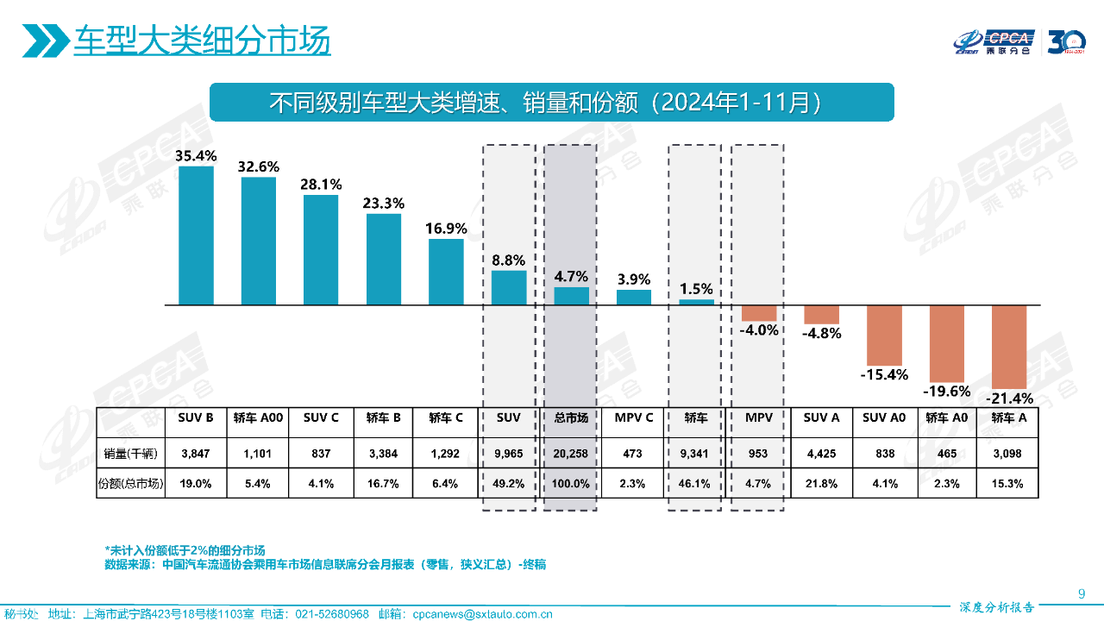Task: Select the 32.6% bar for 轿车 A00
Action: coord(259,241)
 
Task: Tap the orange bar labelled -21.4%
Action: coord(1009,347)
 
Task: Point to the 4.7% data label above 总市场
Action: coord(571,277)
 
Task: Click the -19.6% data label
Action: coord(947,392)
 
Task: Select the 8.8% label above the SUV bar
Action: coord(509,260)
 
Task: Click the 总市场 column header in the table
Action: coord(571,417)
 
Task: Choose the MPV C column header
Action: coord(634,417)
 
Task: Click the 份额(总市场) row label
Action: coord(130,484)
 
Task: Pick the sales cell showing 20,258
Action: coord(571,453)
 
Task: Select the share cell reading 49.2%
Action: coord(509,484)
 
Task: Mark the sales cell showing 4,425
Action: coord(821,453)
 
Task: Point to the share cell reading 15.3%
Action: coord(1007,484)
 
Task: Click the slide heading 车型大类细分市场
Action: coord(202,41)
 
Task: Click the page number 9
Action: coord(1082,593)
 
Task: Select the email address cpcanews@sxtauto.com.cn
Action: coord(482,614)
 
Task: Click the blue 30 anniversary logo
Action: coord(1066,41)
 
